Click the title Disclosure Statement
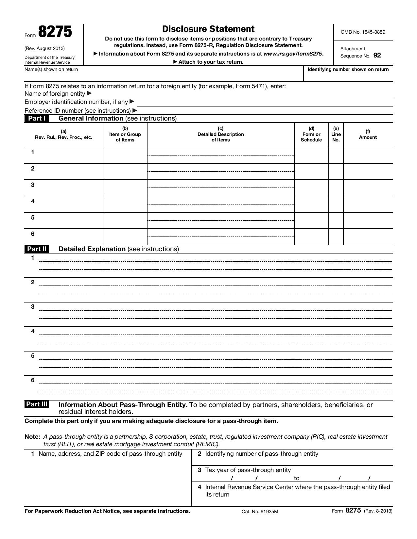click(x=208, y=29)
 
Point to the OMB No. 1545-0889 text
click(x=363, y=32)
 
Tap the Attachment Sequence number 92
click(x=377, y=56)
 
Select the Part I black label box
click(x=37, y=118)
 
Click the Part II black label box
click(x=37, y=249)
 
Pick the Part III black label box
click(x=37, y=404)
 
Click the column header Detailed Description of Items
click(x=220, y=134)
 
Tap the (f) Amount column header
click(x=368, y=135)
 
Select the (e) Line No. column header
click(x=336, y=134)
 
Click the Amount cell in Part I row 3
click(x=368, y=188)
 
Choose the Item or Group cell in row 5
click(x=125, y=220)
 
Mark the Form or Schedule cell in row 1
click(x=311, y=155)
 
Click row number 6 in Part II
click(x=33, y=380)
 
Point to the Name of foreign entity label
click(x=55, y=94)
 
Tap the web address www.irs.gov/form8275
click(x=293, y=54)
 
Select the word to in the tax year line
click(x=297, y=478)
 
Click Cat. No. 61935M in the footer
click(x=260, y=512)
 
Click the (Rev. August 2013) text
click(x=44, y=48)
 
